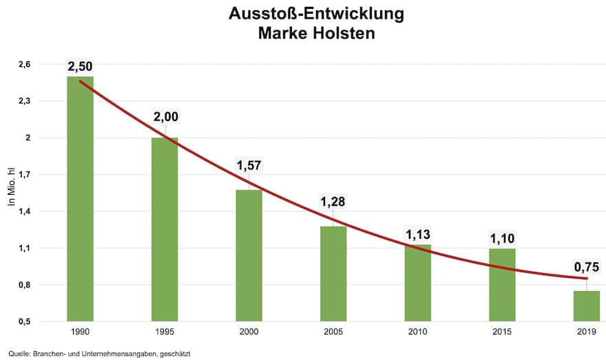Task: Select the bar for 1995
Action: (x=165, y=229)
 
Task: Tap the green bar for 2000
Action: (x=249, y=255)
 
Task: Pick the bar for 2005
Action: (x=333, y=273)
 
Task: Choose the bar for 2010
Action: (x=417, y=283)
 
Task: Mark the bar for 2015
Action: (x=502, y=284)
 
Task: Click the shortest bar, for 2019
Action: (x=586, y=306)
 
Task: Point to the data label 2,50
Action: (x=80, y=67)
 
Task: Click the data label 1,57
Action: (x=249, y=165)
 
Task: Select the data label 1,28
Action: (x=333, y=202)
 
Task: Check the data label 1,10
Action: (x=502, y=239)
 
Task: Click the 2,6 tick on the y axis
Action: (x=25, y=64)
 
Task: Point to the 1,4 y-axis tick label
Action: (x=25, y=211)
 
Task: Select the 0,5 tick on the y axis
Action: (x=25, y=321)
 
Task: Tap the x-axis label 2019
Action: (x=586, y=332)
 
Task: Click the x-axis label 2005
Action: (x=333, y=332)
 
